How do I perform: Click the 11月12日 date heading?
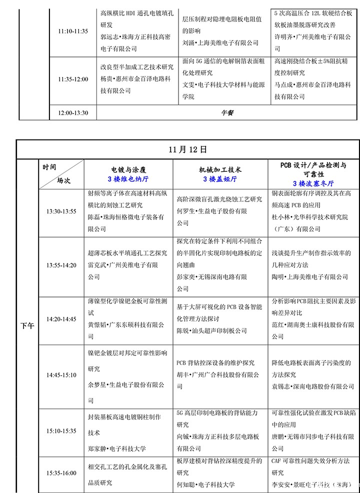pyautogui.click(x=187, y=149)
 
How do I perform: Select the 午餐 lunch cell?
pyautogui.click(x=227, y=113)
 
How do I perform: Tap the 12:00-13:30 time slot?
pyautogui.click(x=73, y=113)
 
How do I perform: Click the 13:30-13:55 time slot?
pyautogui.click(x=61, y=211)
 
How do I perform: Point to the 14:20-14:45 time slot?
pyautogui.click(x=61, y=319)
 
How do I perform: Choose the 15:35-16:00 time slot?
pyautogui.click(x=61, y=473)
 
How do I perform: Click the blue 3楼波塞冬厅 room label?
pyautogui.click(x=313, y=183)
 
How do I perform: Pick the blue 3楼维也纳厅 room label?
pyautogui.click(x=128, y=178)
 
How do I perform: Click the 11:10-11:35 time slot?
pyautogui.click(x=73, y=31)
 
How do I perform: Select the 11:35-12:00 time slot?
pyautogui.click(x=73, y=79)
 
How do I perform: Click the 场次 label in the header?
pyautogui.click(x=63, y=180)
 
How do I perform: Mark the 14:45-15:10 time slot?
pyautogui.click(x=61, y=375)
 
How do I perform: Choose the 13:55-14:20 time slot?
pyautogui.click(x=61, y=265)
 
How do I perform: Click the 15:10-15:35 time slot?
pyautogui.click(x=61, y=430)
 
